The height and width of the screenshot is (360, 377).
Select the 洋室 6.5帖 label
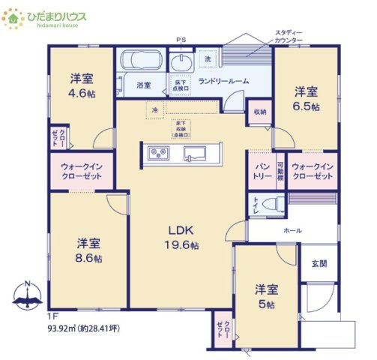[305, 98]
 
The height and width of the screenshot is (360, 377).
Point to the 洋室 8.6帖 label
[88, 250]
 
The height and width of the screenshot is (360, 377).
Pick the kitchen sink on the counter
[197, 154]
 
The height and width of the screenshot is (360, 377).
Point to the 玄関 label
[319, 264]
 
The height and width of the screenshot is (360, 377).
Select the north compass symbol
[28, 298]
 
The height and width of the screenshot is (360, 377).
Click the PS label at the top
[180, 40]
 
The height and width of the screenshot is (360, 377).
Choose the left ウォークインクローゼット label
[81, 169]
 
